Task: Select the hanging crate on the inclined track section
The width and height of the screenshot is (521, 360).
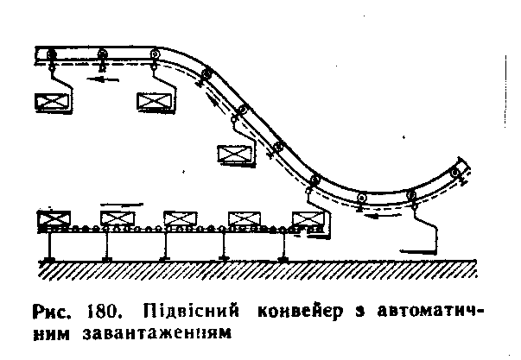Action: click(x=233, y=155)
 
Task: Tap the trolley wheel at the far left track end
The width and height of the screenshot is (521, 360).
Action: click(x=51, y=53)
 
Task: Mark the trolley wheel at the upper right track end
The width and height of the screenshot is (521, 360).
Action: click(x=454, y=174)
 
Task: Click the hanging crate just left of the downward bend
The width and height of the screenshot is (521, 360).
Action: click(x=155, y=102)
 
